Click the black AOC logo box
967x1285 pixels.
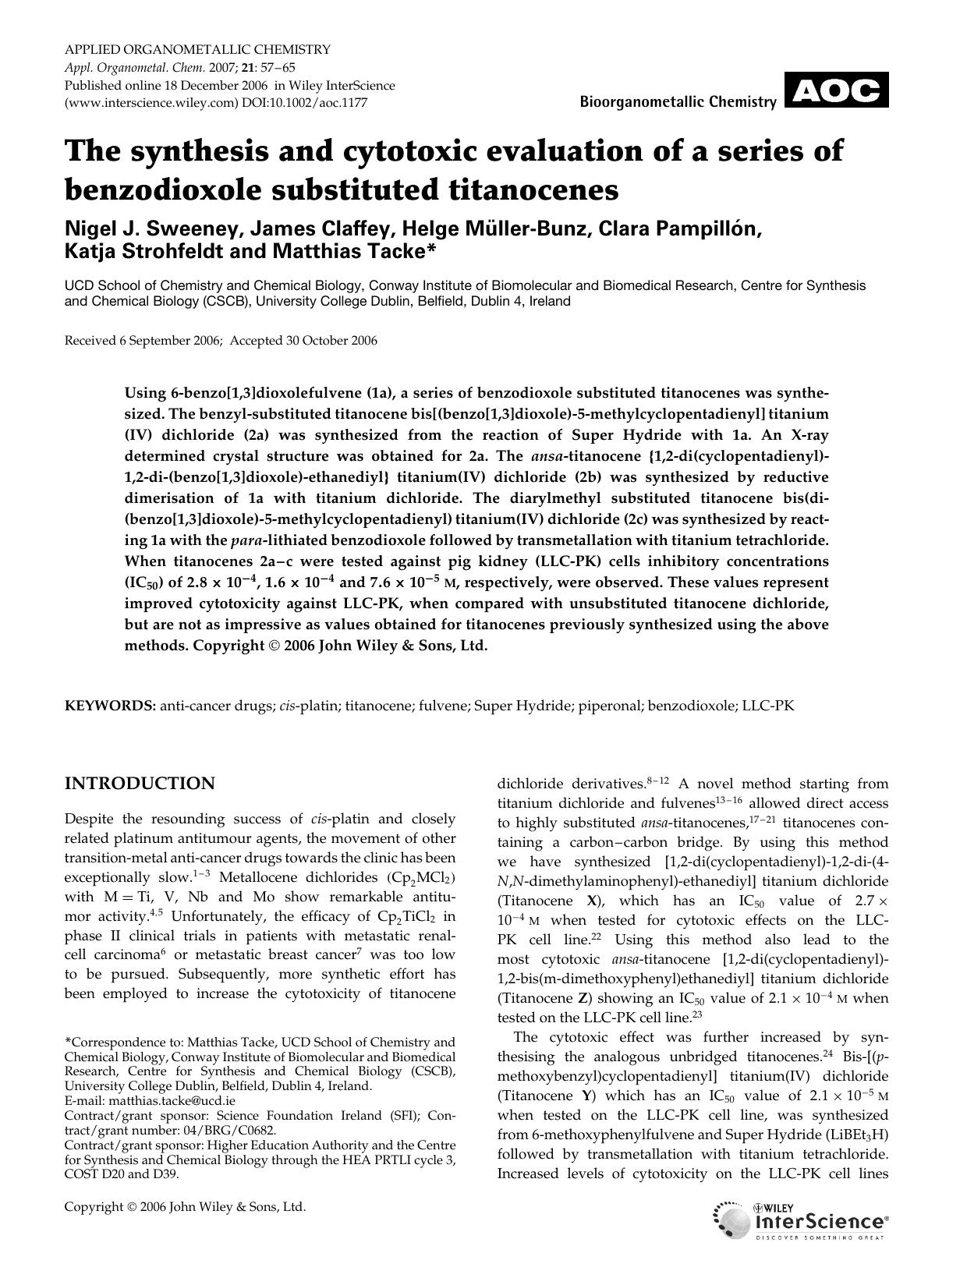coord(836,90)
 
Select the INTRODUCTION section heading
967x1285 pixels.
coord(140,784)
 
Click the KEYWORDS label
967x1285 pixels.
coord(109,706)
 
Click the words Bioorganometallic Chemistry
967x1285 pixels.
coord(678,102)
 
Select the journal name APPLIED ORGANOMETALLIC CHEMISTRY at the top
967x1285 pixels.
coord(197,49)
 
